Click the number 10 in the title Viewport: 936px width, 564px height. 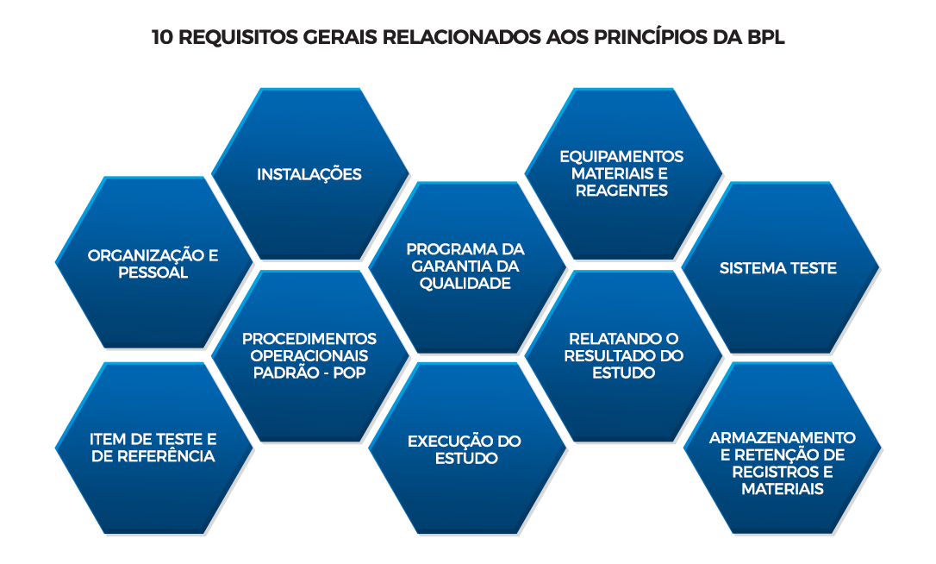pos(163,37)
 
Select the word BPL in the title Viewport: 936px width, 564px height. pos(766,37)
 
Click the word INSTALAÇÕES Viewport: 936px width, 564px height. pos(309,174)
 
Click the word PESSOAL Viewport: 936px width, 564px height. pos(153,273)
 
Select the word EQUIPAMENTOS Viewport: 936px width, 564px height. pos(621,157)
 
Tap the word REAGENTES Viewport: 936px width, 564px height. pos(621,191)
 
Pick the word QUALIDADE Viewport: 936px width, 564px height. pos(465,283)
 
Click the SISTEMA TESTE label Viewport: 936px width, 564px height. pos(777,268)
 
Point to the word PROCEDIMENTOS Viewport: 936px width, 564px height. pos(309,339)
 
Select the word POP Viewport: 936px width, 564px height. pos(349,373)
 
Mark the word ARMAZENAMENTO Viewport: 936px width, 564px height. pos(782,438)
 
